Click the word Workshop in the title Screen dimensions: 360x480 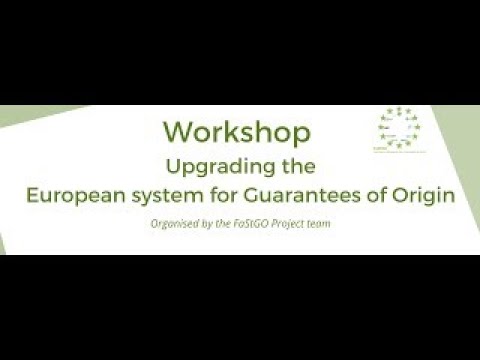[236, 131]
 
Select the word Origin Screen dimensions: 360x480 [433, 196]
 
